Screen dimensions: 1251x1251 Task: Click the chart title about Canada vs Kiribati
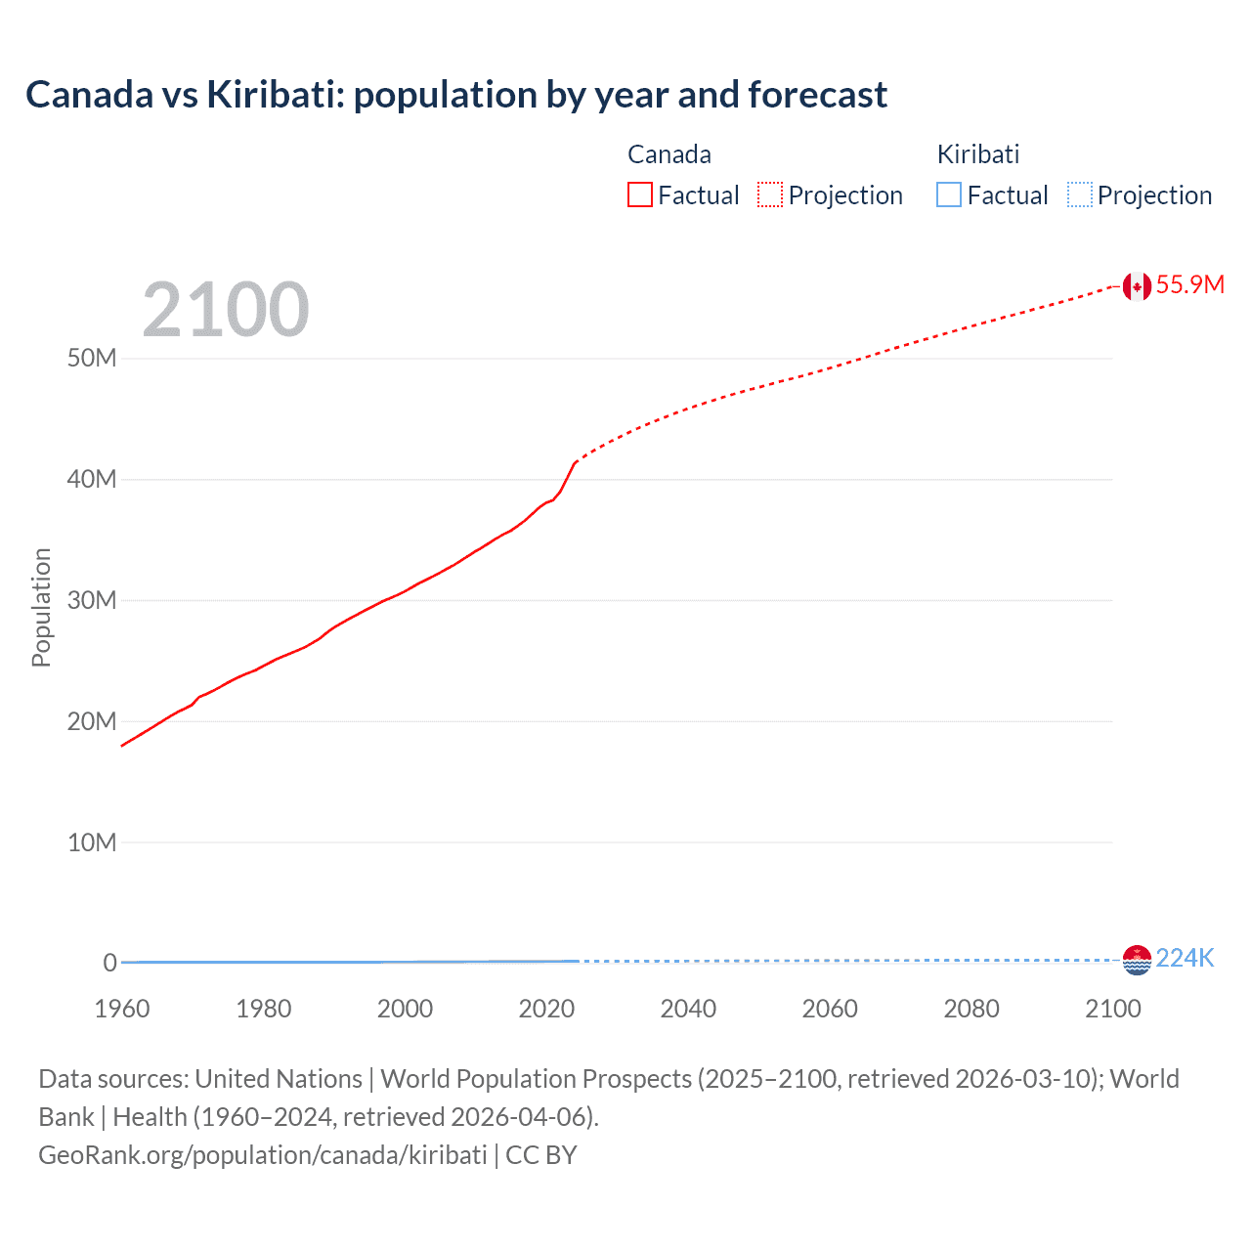[x=456, y=95]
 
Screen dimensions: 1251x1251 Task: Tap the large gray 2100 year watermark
[x=226, y=310]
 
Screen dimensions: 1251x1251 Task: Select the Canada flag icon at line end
[x=1137, y=285]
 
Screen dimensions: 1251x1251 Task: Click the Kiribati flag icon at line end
[x=1137, y=960]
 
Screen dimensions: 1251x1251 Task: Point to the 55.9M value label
[x=1189, y=284]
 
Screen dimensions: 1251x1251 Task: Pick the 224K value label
[x=1185, y=958]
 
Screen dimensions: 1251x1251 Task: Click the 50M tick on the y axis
[x=92, y=358]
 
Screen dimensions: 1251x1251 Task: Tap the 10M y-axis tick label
[x=92, y=842]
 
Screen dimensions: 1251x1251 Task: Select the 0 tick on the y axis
[x=109, y=963]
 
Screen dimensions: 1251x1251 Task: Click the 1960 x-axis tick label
[x=122, y=1009]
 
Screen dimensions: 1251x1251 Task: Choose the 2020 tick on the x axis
[x=546, y=1009]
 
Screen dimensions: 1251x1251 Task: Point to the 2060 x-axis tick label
[x=830, y=1009]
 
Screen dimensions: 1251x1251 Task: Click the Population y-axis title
[x=41, y=607]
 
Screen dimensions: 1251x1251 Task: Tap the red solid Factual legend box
[x=640, y=194]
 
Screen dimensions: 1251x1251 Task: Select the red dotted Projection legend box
[x=770, y=194]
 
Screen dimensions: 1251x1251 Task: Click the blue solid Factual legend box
[x=949, y=194]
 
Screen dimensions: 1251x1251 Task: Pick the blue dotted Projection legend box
[x=1079, y=194]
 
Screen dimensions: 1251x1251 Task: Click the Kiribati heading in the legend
[x=978, y=154]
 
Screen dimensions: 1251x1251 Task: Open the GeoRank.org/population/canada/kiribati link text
[x=263, y=1155]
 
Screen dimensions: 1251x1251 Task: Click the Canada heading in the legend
[x=669, y=154]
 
